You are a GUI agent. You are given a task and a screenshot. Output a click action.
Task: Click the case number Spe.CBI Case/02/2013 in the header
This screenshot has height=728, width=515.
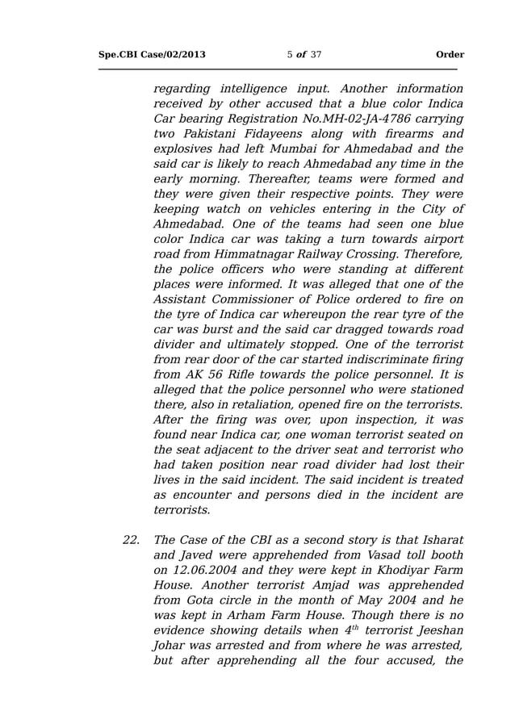click(152, 55)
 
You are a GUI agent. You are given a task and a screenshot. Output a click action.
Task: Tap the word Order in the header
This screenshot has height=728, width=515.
click(450, 55)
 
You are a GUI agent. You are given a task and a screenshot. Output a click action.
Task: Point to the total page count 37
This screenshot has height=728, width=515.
click(316, 55)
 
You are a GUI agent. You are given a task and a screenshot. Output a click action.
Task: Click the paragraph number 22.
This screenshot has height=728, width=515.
click(131, 540)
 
